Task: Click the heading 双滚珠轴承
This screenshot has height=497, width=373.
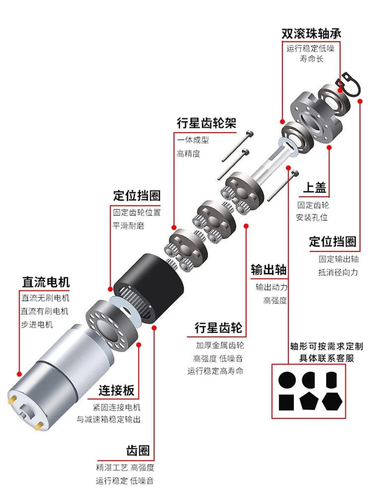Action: click(x=311, y=34)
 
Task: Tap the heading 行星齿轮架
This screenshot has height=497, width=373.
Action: click(x=206, y=123)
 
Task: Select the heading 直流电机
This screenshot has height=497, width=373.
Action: click(x=46, y=282)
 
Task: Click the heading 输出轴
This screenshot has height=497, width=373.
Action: click(x=268, y=269)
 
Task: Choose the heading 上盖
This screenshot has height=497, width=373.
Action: click(x=314, y=188)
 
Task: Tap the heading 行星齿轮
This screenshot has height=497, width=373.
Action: click(x=218, y=328)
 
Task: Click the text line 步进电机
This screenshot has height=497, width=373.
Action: click(x=37, y=324)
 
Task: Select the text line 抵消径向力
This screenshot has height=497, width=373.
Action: click(x=338, y=273)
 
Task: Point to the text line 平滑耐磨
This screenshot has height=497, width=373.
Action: click(x=128, y=226)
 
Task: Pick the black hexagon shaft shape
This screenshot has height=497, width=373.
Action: click(x=332, y=401)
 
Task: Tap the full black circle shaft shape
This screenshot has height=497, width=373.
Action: click(x=287, y=380)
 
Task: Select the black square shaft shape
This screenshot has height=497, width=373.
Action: click(x=286, y=402)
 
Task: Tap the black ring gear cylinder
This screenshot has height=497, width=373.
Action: click(x=149, y=287)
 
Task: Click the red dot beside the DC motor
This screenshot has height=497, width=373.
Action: click(x=19, y=374)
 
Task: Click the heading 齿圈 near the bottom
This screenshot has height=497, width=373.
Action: click(x=138, y=450)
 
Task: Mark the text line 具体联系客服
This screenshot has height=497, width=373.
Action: click(x=326, y=358)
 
